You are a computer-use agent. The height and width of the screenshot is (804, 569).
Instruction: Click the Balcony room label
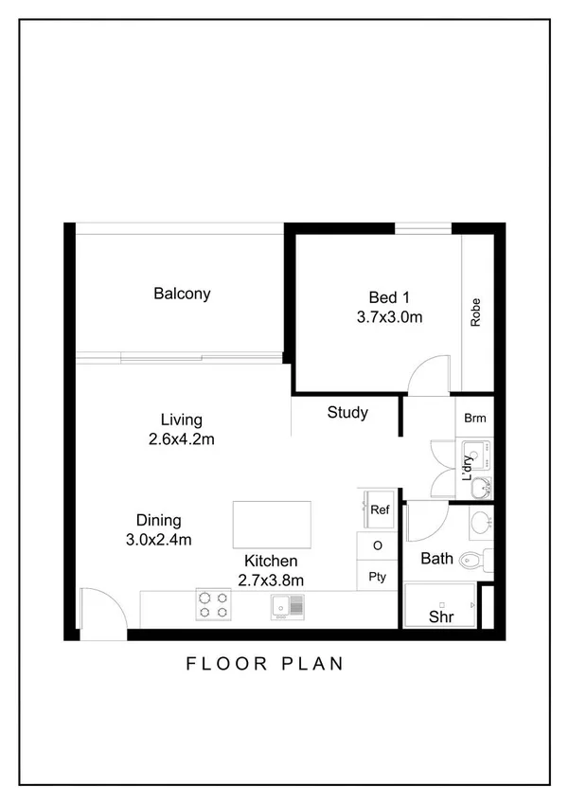[182, 294]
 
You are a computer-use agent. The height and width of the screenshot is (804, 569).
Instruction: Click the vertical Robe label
[475, 313]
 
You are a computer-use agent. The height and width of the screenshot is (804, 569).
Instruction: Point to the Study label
[347, 413]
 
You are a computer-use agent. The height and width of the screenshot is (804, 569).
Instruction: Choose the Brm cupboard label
[474, 417]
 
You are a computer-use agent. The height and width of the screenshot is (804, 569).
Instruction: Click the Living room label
[181, 420]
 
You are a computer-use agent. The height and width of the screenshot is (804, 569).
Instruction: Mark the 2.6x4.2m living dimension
[181, 439]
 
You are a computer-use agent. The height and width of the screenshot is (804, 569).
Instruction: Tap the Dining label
[158, 521]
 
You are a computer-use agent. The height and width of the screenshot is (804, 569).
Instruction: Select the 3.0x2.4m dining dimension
[158, 541]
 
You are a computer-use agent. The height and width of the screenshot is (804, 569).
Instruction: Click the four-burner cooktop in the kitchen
[213, 604]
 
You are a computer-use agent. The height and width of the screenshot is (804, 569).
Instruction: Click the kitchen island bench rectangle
[272, 525]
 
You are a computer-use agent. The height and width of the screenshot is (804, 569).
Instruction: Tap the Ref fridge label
[380, 509]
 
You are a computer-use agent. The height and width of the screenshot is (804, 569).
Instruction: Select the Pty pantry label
[377, 577]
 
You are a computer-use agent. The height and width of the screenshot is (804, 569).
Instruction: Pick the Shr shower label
[440, 616]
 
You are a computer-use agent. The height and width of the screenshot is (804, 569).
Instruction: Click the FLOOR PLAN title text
[264, 664]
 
